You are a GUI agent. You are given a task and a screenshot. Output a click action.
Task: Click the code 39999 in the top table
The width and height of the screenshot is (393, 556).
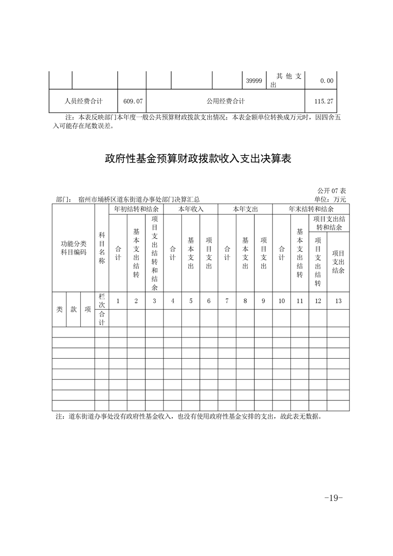coord(254,80)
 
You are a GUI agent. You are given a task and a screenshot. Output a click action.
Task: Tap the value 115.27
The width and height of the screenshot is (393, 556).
coord(324,101)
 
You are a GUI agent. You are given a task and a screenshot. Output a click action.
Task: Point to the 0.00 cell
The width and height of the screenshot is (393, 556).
coord(327,80)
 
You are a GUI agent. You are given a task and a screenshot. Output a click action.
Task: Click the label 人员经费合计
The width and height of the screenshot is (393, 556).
coord(84,101)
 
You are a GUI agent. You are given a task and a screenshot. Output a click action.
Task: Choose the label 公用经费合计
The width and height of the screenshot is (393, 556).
coord(226,101)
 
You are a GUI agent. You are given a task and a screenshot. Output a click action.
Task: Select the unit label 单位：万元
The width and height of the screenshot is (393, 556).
coord(330,199)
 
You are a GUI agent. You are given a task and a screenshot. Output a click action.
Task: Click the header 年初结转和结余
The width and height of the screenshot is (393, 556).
coord(136,210)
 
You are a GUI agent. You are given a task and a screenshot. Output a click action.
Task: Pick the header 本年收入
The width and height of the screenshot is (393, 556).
coord(191,210)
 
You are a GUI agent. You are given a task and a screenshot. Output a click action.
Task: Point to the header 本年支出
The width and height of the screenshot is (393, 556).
coord(245,210)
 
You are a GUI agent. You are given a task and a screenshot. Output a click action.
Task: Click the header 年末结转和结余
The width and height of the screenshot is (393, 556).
coord(311,210)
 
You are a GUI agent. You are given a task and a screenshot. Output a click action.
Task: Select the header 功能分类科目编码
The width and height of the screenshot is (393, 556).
coord(73,248)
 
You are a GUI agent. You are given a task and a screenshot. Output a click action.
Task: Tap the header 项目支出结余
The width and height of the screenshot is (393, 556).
coord(338,262)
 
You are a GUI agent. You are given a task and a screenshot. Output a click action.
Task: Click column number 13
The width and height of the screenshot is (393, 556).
coord(338,301)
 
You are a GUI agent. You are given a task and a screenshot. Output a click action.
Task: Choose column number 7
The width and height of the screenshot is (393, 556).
coord(227,301)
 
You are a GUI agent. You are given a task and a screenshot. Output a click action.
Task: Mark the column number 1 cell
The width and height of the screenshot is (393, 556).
coord(118,301)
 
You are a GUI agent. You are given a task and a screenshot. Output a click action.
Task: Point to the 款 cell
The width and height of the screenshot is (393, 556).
coord(73,309)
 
